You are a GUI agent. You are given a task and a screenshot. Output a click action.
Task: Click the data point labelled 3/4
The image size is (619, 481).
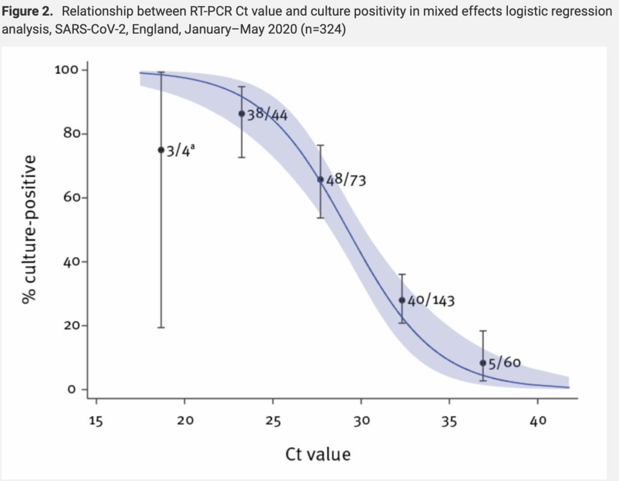(x=161, y=150)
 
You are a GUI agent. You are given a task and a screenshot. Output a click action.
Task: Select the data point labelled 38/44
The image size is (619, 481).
(x=242, y=114)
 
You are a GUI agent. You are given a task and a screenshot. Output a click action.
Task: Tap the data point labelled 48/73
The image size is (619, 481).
(x=320, y=179)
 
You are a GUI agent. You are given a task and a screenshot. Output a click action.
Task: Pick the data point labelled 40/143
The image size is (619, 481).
(x=401, y=300)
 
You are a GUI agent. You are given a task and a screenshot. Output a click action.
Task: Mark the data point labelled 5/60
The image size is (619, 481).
(x=482, y=363)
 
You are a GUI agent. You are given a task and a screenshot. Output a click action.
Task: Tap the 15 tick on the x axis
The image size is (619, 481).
(x=96, y=400)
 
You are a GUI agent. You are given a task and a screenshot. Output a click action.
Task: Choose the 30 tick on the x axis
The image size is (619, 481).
(x=361, y=400)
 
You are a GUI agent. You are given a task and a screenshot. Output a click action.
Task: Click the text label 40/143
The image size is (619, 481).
(x=430, y=300)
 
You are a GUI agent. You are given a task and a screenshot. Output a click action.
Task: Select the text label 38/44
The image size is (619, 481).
(x=267, y=114)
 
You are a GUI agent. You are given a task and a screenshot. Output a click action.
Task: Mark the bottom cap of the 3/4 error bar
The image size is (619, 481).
(x=161, y=327)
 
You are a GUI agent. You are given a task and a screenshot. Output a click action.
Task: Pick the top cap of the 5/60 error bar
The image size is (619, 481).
(x=482, y=331)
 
